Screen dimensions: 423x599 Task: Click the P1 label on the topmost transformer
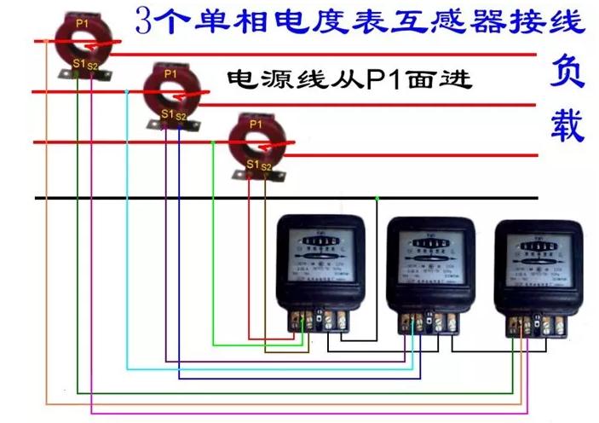80,23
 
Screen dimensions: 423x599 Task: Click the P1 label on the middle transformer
170,74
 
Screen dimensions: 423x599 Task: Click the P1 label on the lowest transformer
256,125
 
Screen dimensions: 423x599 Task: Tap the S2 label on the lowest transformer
267,165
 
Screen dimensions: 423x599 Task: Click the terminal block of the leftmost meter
325,320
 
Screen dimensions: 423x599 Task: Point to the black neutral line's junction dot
377,198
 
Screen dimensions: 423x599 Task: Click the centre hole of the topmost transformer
81,40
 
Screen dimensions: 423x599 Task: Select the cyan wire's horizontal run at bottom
273,368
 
